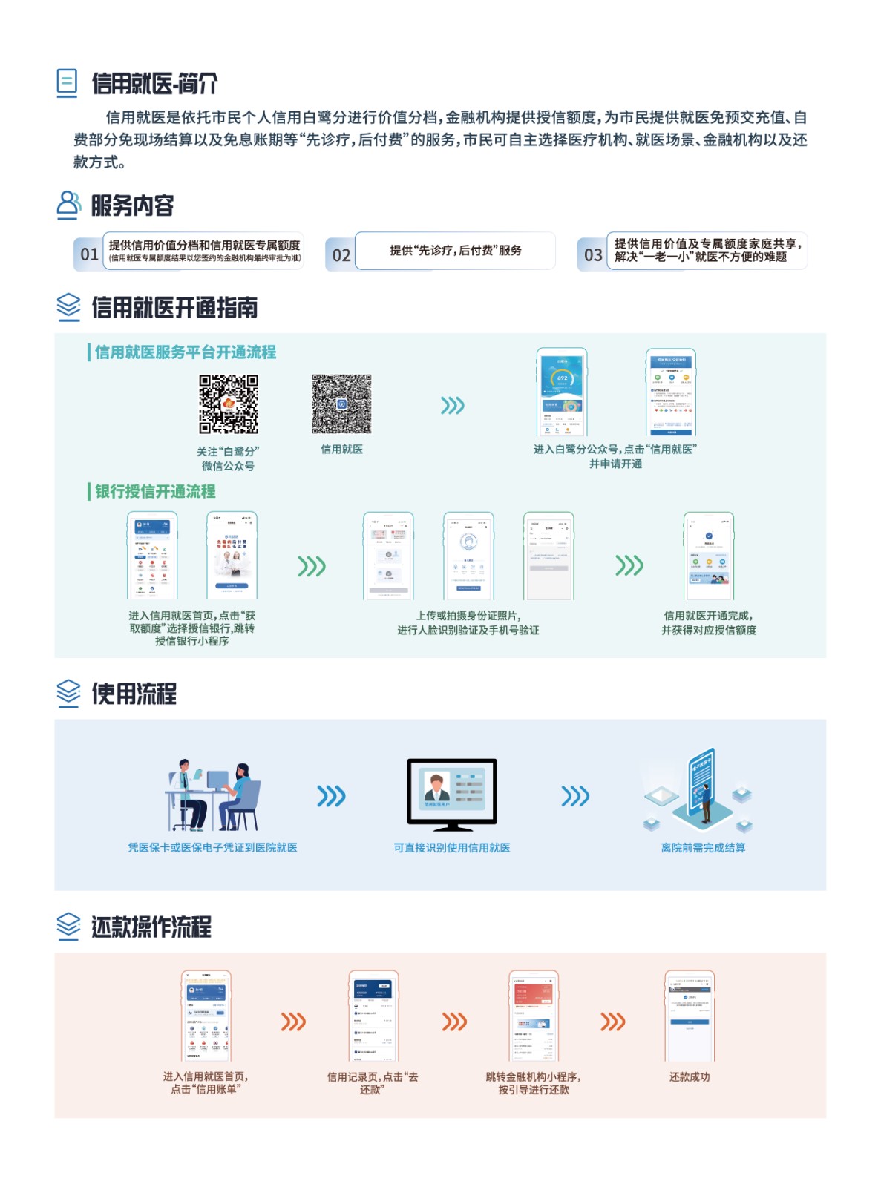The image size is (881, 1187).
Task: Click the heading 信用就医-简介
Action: tap(154, 84)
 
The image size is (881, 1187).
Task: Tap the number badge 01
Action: tap(89, 254)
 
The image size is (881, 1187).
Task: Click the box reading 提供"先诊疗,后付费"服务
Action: tap(455, 251)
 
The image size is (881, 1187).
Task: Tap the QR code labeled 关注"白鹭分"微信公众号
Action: tap(229, 404)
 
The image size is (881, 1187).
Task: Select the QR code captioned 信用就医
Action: tap(341, 404)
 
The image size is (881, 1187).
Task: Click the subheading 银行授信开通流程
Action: tap(154, 491)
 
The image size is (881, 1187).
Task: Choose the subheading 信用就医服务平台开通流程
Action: tap(185, 352)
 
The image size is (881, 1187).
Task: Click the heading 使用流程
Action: tap(134, 694)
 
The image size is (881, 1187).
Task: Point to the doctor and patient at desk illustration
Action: tap(213, 795)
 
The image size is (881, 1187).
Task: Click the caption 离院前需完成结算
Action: tap(703, 848)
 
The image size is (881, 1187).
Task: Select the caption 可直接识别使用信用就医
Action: tap(451, 848)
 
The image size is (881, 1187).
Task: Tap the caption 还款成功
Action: tap(689, 1077)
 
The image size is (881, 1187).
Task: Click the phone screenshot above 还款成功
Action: tap(689, 1016)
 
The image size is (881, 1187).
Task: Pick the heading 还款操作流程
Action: tap(151, 927)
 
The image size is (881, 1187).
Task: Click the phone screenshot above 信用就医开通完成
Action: tap(708, 556)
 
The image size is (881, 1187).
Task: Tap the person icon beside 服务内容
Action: tap(68, 205)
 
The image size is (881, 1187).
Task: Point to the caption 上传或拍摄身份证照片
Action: tap(468, 616)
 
